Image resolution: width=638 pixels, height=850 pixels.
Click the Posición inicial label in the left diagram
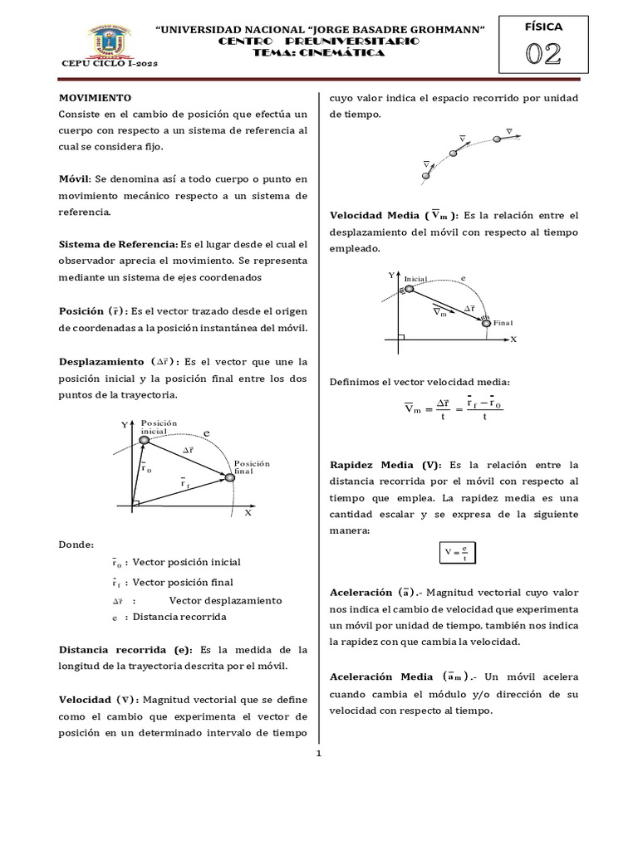coord(159,427)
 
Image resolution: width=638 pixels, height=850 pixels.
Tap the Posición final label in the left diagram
coord(252,467)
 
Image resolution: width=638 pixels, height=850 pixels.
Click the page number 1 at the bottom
coord(318,753)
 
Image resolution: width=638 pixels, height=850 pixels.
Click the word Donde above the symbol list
coord(76,545)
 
